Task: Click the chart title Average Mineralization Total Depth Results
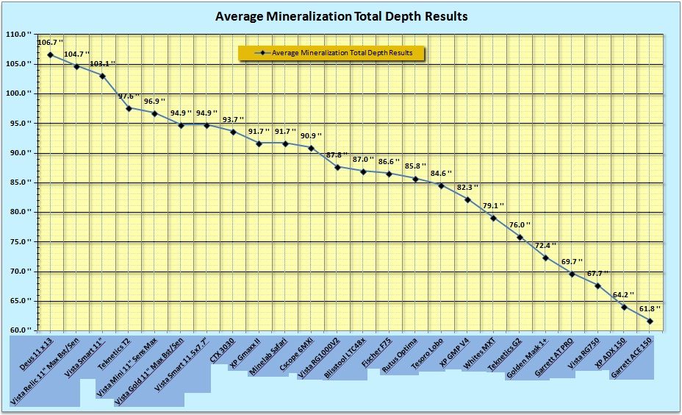tap(341, 15)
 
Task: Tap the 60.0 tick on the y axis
tap(20, 330)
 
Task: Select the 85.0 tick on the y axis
tap(20, 182)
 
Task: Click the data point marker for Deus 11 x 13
tap(50, 54)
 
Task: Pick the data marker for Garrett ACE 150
tap(650, 321)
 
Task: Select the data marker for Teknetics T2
tap(129, 108)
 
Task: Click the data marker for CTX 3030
tap(233, 132)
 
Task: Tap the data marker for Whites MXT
tap(493, 219)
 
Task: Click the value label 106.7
tap(49, 43)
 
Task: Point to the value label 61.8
tap(647, 309)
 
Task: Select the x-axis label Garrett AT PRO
tap(554, 359)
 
